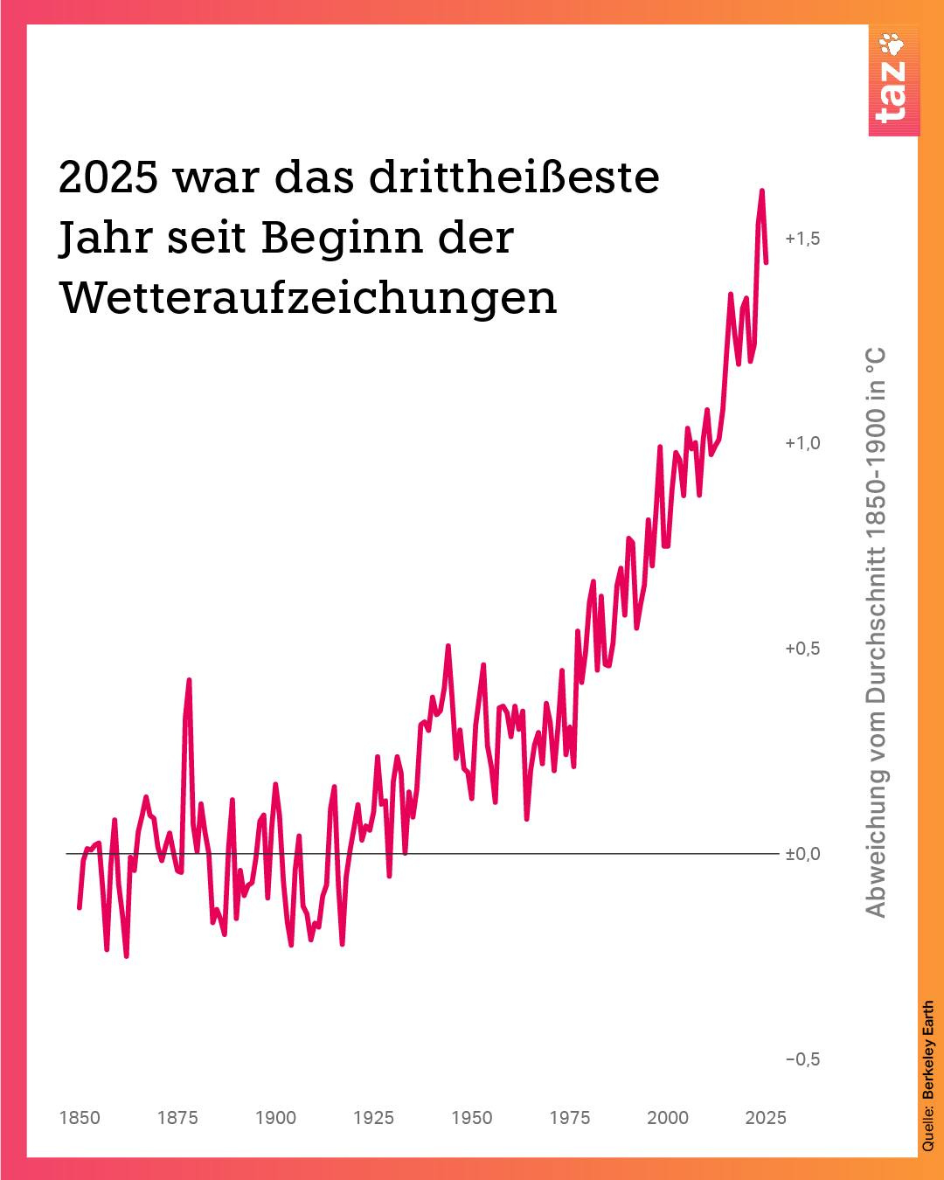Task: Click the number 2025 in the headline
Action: pos(108,177)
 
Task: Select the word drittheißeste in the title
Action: pos(514,177)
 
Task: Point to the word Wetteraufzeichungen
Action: pos(308,298)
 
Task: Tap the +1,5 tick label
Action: pos(802,239)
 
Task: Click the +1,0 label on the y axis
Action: pos(802,443)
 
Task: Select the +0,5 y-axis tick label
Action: pos(802,649)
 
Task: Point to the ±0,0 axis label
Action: pos(802,854)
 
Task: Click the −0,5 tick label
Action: pos(802,1059)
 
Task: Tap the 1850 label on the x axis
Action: pos(80,1118)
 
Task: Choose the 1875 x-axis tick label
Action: pos(177,1118)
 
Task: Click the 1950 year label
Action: pos(472,1118)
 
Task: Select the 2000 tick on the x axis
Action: pos(668,1118)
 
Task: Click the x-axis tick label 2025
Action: pos(766,1118)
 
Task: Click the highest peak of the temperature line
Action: pos(761,191)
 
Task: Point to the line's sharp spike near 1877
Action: pos(189,681)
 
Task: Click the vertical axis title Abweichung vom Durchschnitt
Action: pos(876,633)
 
